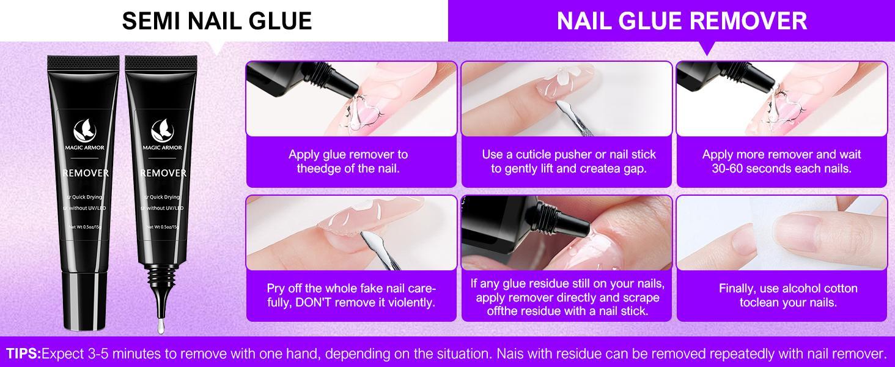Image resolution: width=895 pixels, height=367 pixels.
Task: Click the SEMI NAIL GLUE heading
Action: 217,21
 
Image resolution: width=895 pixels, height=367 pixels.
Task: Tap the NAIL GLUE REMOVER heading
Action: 682,21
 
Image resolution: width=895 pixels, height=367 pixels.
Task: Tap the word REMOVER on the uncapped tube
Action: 163,173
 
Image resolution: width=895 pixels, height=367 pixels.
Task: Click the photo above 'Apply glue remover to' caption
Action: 351,98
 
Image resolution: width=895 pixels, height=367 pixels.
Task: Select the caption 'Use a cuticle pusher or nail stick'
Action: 569,154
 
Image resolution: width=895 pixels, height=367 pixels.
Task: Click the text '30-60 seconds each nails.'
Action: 781,168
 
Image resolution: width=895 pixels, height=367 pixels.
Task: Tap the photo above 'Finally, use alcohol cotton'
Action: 781,233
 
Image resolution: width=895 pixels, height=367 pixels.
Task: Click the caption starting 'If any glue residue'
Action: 567,297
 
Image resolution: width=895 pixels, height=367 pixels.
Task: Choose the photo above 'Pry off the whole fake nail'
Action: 351,233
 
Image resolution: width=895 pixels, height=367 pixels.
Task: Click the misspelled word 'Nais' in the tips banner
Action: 512,354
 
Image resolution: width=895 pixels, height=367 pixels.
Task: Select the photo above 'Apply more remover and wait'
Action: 781,98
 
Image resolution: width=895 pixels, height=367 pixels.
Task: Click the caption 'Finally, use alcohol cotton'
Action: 788,288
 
